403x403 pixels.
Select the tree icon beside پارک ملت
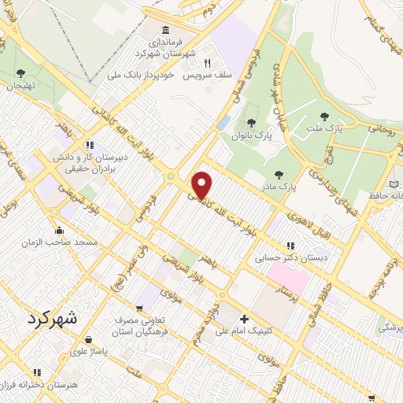point(324,116)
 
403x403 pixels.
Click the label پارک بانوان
point(251,135)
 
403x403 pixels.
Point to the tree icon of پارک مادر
point(278,174)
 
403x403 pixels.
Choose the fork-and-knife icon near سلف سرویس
point(208,63)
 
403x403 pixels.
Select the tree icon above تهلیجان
point(20,73)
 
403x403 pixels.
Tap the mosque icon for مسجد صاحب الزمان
point(60,230)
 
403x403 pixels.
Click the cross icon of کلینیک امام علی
point(245,320)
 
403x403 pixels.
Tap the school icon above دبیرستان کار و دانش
point(90,145)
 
